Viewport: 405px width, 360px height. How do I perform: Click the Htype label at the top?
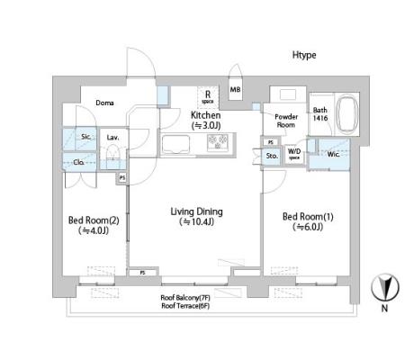tap(304, 55)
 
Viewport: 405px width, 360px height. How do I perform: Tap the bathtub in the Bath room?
tap(347, 114)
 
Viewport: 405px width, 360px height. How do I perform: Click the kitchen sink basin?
tap(175, 144)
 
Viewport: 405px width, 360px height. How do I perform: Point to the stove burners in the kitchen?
tap(218, 142)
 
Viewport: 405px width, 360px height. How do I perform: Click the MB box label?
tap(235, 89)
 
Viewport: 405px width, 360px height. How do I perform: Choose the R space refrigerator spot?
tap(208, 97)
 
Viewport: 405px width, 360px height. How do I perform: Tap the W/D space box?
tap(294, 154)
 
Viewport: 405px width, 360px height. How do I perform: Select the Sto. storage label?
tap(272, 156)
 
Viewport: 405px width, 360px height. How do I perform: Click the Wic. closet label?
tap(333, 154)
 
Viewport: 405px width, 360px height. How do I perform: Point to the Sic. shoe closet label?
tap(85, 137)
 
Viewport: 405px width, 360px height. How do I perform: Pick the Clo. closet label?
tap(79, 162)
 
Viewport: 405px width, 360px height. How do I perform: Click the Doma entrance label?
tap(104, 103)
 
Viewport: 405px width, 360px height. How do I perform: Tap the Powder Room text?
tap(286, 121)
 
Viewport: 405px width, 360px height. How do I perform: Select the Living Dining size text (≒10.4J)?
tap(196, 222)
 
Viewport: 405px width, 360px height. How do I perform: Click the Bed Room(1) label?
tap(308, 216)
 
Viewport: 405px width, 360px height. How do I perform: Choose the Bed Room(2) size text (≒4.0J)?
tap(94, 230)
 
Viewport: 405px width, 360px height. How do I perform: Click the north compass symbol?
tap(385, 287)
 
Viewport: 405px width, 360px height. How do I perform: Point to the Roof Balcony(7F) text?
tap(185, 298)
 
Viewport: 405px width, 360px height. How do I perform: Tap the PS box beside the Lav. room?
tap(122, 178)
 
